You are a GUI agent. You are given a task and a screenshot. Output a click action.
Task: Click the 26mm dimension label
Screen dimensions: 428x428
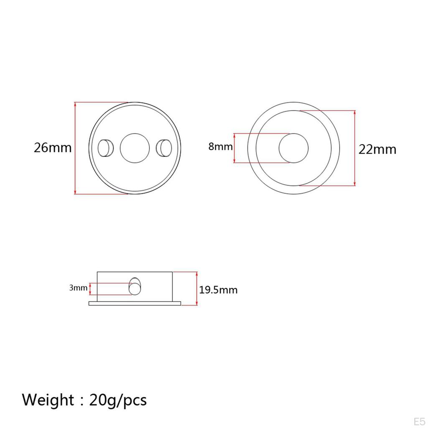click(x=53, y=148)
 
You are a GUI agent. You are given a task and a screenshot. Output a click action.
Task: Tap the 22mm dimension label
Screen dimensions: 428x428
click(x=377, y=150)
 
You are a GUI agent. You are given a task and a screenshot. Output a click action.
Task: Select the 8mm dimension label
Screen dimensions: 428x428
click(x=221, y=147)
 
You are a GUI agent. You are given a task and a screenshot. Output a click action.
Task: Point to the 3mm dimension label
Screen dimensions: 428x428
click(x=78, y=288)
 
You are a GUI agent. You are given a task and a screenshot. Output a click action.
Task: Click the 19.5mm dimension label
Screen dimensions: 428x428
click(x=218, y=290)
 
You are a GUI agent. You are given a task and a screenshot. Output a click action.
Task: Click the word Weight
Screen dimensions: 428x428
click(x=48, y=400)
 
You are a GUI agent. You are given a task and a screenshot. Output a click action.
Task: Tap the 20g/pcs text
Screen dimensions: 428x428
click(x=118, y=400)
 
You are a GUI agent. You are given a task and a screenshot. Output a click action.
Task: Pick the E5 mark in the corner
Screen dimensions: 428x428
click(x=419, y=421)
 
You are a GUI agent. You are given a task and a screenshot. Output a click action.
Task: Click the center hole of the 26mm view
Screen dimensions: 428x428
click(x=135, y=148)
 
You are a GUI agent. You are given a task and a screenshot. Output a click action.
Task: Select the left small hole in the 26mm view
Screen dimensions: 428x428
click(x=106, y=148)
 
